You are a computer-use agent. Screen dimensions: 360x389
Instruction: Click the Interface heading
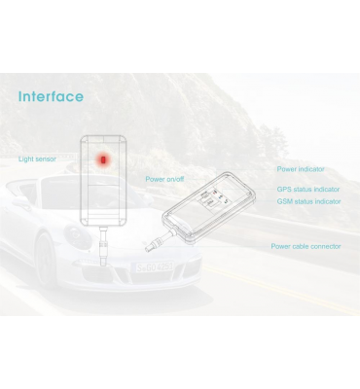pyautogui.click(x=51, y=96)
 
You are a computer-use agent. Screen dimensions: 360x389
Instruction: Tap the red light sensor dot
pyautogui.click(x=103, y=159)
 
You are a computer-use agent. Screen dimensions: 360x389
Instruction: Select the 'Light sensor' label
pyautogui.click(x=37, y=159)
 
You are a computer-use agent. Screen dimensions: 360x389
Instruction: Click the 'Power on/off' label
pyautogui.click(x=164, y=179)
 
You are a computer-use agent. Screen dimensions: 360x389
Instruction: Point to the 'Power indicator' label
pyautogui.click(x=301, y=169)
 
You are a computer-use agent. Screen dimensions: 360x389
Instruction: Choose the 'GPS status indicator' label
pyautogui.click(x=308, y=189)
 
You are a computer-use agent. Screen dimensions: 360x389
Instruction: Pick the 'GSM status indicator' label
pyautogui.click(x=308, y=201)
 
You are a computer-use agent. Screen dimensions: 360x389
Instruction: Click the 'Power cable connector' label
pyautogui.click(x=306, y=246)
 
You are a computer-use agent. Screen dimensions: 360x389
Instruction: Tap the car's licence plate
pyautogui.click(x=155, y=267)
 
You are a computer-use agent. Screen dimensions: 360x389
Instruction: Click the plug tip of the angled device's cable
pyautogui.click(x=149, y=249)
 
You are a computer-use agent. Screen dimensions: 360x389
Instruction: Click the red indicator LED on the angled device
pyautogui.click(x=214, y=194)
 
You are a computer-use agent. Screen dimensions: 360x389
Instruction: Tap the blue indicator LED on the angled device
pyautogui.click(x=220, y=196)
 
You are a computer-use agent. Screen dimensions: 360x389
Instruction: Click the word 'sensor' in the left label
pyautogui.click(x=46, y=159)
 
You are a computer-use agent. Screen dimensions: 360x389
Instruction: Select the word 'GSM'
pyautogui.click(x=284, y=201)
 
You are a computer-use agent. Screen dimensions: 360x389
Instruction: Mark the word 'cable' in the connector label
pyautogui.click(x=300, y=246)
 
